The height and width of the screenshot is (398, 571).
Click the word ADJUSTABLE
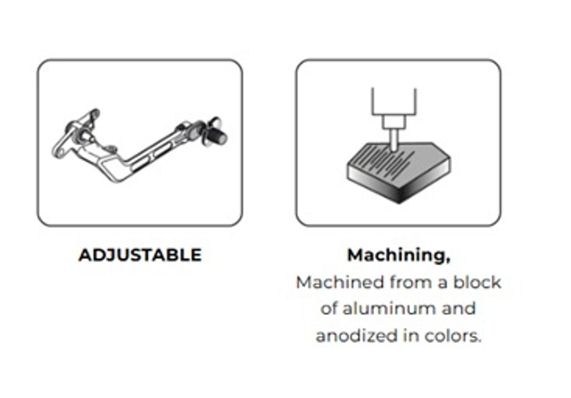140,255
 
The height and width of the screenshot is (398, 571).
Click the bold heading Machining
396,256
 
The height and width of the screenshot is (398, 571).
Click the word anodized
357,336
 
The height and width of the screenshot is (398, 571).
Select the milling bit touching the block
394,140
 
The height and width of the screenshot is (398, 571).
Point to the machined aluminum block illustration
399,172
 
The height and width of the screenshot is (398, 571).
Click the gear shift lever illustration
140,145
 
